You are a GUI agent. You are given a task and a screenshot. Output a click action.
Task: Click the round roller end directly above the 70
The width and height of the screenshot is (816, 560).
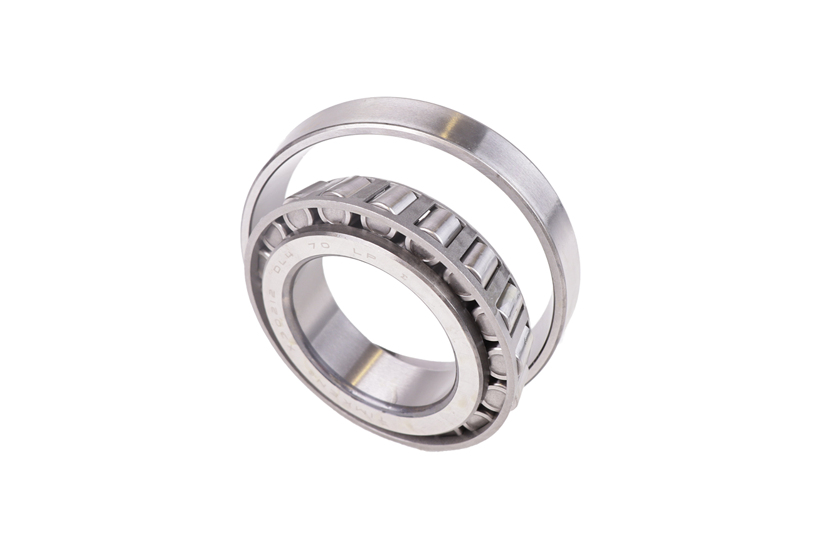tap(332, 215)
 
